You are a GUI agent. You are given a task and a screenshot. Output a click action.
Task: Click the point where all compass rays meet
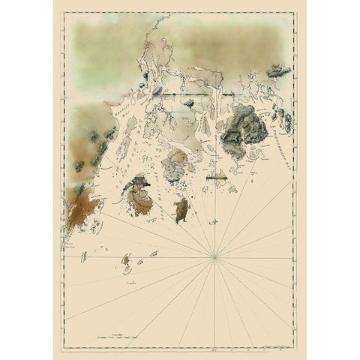pyautogui.click(x=215, y=258)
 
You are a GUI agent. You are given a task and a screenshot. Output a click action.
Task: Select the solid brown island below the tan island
pyautogui.click(x=181, y=210)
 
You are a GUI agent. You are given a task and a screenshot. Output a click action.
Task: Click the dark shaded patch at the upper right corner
pyautogui.click(x=279, y=71)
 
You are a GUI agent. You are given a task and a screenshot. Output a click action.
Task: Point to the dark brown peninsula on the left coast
pyautogui.click(x=78, y=202)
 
